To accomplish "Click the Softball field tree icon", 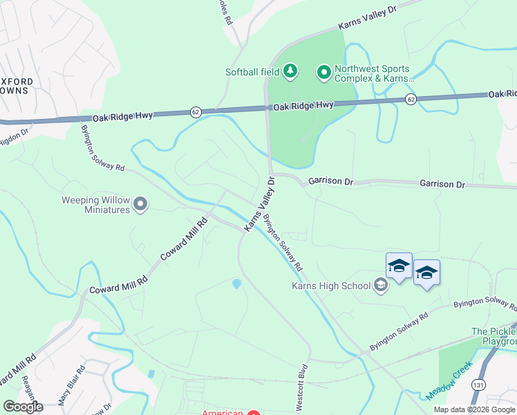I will point(291,71).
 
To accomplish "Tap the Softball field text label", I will point(252,71).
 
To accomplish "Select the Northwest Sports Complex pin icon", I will point(323,71).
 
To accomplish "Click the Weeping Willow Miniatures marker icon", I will point(141,203).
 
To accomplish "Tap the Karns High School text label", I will point(331,285).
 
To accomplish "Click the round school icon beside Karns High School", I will point(380,284).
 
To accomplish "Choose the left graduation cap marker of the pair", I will point(399,266).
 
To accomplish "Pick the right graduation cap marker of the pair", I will point(426,273).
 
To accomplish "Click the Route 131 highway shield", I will point(478,383).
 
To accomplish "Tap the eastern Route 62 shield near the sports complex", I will point(411,100).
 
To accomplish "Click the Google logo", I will point(23,407).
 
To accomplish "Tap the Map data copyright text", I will point(474,409).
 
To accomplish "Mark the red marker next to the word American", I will point(254,413).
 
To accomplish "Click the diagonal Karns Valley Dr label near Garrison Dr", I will point(259,204).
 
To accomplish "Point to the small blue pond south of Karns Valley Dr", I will point(237,283).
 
